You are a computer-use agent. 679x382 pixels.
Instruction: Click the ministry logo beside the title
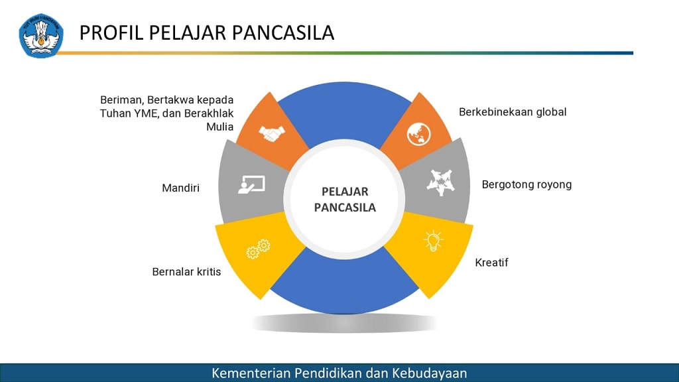41,36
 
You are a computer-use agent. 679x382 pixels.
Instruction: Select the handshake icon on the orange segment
272,133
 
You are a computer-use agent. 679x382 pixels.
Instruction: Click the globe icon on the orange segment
419,134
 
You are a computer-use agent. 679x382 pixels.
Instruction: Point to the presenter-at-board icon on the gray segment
251,184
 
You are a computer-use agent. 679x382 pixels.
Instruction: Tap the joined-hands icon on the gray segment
441,182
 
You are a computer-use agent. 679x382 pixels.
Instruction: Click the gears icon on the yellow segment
259,249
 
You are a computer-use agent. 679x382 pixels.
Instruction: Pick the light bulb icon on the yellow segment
433,241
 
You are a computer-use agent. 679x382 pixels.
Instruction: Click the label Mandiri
180,188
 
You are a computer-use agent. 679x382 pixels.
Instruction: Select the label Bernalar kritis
186,271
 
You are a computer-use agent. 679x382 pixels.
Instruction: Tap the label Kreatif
491,263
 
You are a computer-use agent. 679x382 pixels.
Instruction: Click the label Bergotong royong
526,185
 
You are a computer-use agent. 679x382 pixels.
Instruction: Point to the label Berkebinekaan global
513,112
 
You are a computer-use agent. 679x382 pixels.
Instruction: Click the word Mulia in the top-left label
220,127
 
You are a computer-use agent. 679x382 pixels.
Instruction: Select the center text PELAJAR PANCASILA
345,200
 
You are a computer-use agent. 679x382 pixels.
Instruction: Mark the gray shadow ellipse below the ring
344,323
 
